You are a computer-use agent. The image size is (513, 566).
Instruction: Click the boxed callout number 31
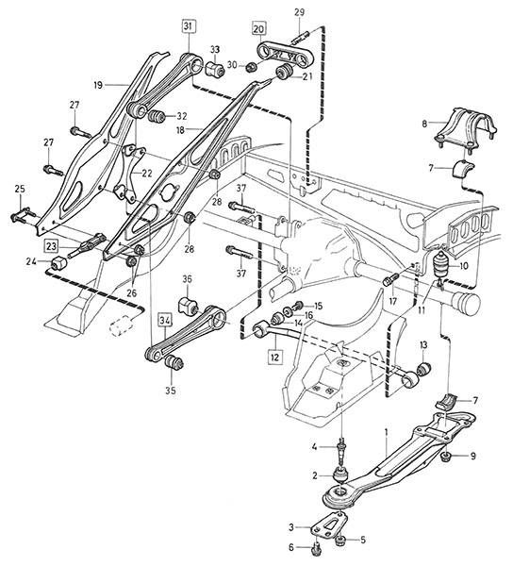[189, 26]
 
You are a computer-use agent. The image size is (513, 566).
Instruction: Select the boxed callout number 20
[258, 28]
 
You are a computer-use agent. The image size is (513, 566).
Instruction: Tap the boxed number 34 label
[165, 321]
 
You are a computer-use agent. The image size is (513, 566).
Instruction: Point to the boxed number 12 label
[274, 357]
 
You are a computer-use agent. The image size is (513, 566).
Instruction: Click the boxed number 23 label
[52, 246]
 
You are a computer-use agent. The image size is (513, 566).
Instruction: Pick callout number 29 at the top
[300, 12]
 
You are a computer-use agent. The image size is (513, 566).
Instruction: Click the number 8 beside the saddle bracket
[424, 124]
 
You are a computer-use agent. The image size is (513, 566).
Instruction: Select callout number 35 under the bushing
[171, 391]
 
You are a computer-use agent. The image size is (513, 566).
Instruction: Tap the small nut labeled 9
[447, 457]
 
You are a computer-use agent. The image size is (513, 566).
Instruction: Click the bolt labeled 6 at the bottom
[316, 551]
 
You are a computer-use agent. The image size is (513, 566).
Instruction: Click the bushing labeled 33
[215, 68]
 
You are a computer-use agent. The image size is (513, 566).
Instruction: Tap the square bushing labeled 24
[58, 262]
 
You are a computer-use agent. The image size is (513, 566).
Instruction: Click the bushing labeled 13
[423, 368]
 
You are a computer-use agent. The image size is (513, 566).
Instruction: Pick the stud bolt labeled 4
[341, 452]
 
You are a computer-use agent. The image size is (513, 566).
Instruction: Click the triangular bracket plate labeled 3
[329, 523]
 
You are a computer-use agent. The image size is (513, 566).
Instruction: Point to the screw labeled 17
[390, 279]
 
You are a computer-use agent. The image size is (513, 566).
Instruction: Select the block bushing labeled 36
[188, 305]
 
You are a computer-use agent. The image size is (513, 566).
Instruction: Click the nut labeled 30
[252, 66]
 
